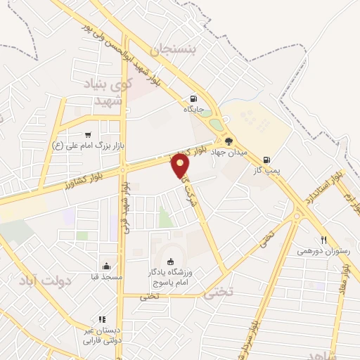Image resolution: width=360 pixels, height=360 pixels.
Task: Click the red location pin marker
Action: coord(181,165)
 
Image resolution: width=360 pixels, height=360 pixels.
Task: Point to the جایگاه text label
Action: coord(193,110)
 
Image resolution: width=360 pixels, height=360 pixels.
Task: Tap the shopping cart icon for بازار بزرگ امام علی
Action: coord(88,135)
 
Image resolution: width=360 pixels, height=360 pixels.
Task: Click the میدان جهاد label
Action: coord(228,153)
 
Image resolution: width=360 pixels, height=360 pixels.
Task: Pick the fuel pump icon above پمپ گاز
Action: coord(266,159)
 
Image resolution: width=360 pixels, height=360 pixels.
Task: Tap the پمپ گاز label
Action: coord(266,170)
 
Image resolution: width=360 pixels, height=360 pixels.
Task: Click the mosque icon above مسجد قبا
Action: coord(106,266)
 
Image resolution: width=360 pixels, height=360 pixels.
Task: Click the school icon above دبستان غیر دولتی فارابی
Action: coord(102,319)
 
